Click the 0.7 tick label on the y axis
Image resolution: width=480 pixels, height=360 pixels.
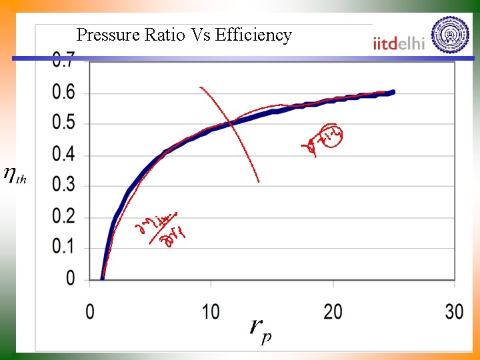pyautogui.click(x=64, y=59)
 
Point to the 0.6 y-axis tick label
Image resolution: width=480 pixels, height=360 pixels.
pyautogui.click(x=64, y=92)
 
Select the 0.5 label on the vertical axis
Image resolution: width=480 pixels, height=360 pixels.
pyautogui.click(x=64, y=123)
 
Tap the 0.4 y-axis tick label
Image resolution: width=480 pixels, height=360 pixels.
pyautogui.click(x=64, y=155)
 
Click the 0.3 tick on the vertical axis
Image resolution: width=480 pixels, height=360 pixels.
pyautogui.click(x=64, y=185)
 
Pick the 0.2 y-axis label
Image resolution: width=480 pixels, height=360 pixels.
pyautogui.click(x=64, y=217)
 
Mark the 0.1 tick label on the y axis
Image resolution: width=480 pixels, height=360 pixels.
pyautogui.click(x=64, y=247)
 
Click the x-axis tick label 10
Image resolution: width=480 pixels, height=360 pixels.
pyautogui.click(x=211, y=311)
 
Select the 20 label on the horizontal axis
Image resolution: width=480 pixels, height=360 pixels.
pyautogui.click(x=333, y=311)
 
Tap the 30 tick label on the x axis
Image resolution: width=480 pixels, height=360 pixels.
pyautogui.click(x=454, y=311)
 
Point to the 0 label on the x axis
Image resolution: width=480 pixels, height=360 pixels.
pyautogui.click(x=90, y=311)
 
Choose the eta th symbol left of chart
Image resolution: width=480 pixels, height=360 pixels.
pyautogui.click(x=15, y=175)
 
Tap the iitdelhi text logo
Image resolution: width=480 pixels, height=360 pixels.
pyautogui.click(x=399, y=43)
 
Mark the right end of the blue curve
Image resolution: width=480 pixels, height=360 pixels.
pyautogui.click(x=393, y=92)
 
